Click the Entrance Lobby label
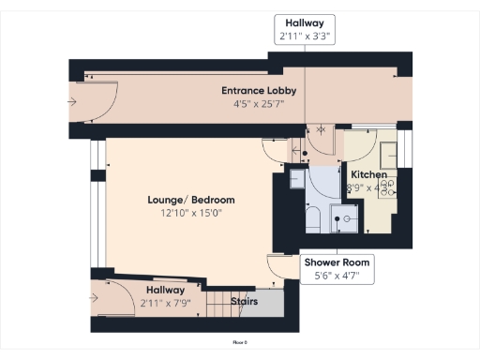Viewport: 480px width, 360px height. tap(259, 91)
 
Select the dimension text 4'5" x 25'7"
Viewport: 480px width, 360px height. tap(259, 103)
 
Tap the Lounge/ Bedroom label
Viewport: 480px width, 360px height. tap(191, 201)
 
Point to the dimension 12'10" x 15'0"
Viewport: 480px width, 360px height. tap(191, 213)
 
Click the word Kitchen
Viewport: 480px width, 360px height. tap(368, 175)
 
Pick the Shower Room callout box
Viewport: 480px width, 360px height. tap(337, 269)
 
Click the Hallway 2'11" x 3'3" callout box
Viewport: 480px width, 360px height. tap(306, 30)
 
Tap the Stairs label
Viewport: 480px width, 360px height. tap(244, 303)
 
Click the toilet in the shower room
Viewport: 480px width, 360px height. tap(314, 220)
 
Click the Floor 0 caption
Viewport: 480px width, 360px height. tap(240, 344)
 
